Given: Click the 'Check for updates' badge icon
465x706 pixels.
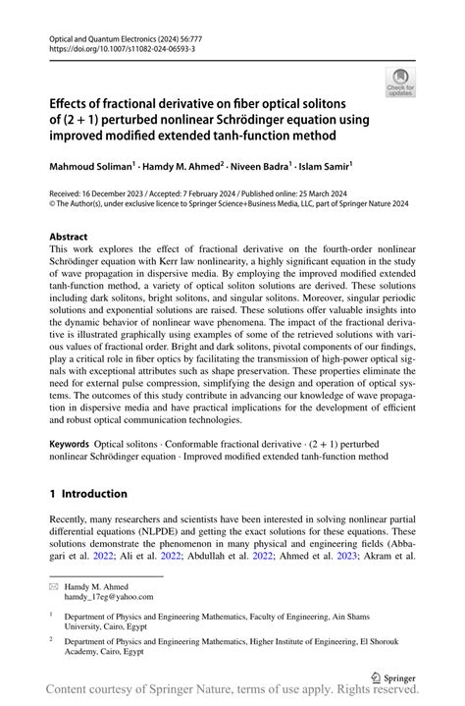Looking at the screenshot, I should (401, 82).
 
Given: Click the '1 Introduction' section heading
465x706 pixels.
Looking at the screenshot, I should (88, 493).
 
